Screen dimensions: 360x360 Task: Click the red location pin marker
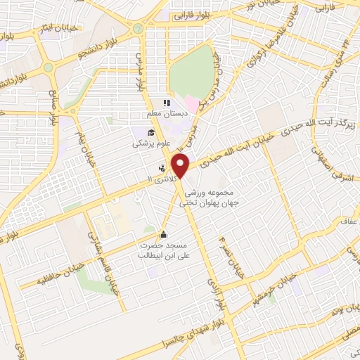(x=182, y=166)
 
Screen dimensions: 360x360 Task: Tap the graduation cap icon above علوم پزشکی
(x=150, y=132)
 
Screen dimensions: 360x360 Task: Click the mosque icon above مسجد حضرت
(x=164, y=235)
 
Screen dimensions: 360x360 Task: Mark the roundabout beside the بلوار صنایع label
(x=49, y=67)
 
